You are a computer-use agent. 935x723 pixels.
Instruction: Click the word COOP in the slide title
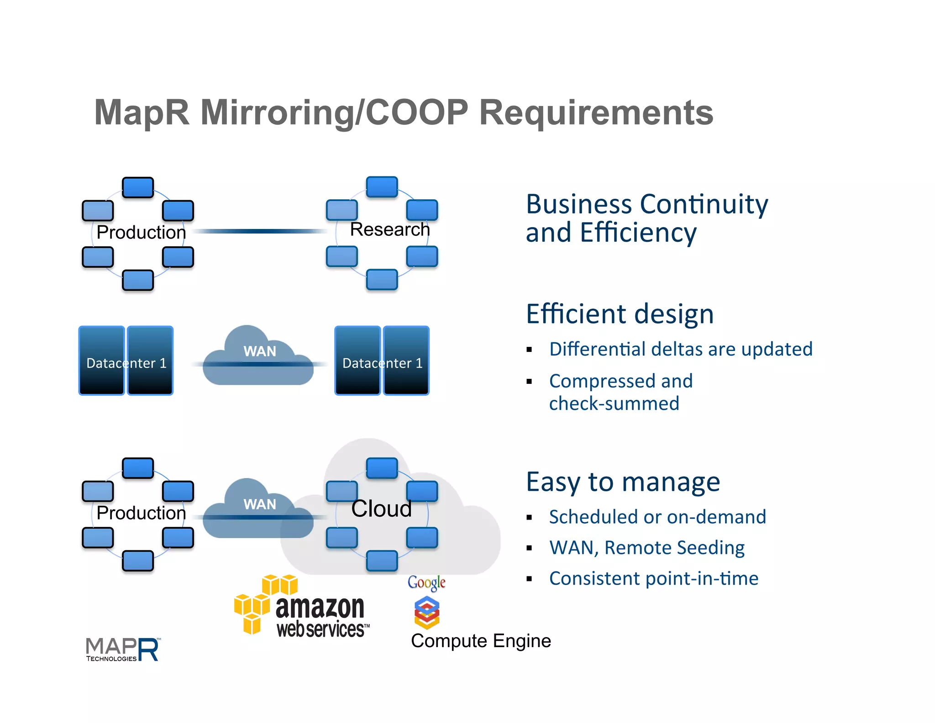(x=416, y=112)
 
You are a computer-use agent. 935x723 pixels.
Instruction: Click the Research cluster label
(x=389, y=229)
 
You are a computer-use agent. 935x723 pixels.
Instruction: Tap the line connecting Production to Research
(x=260, y=231)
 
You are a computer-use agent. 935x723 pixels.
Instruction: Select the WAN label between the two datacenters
(x=259, y=351)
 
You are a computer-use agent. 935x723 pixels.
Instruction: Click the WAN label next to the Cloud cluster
(x=259, y=504)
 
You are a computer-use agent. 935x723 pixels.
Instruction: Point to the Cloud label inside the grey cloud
(x=381, y=509)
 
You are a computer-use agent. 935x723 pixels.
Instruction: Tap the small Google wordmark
(x=426, y=582)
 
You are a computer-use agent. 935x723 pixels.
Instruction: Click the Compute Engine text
(x=480, y=641)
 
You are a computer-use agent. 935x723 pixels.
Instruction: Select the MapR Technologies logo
(x=122, y=649)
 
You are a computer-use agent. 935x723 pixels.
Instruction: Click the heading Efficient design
(x=620, y=314)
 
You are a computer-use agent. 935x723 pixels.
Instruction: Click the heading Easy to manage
(x=623, y=482)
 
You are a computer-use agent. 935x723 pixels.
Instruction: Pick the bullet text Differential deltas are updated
(x=680, y=349)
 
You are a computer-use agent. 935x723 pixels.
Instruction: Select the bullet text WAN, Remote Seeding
(x=646, y=548)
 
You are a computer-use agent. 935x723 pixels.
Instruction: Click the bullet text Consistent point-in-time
(x=653, y=579)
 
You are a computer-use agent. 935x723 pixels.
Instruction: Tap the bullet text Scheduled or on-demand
(x=657, y=517)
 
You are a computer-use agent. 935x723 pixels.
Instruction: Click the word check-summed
(x=614, y=404)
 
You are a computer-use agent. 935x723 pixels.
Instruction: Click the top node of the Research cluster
(x=382, y=187)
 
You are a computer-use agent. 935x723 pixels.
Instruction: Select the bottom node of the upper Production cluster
(x=138, y=280)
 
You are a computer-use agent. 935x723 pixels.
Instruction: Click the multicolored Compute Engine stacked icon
(x=426, y=613)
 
